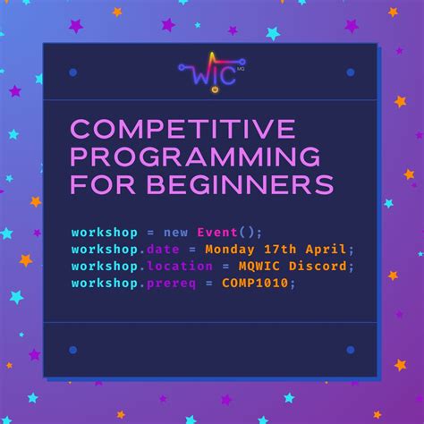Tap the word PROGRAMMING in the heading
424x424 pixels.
point(197,157)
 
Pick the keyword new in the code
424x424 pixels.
point(176,232)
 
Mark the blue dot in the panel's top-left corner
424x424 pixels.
point(72,72)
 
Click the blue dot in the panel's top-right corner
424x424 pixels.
point(350,72)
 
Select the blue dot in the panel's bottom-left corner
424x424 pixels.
point(72,350)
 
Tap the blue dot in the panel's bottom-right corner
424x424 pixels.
point(350,350)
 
